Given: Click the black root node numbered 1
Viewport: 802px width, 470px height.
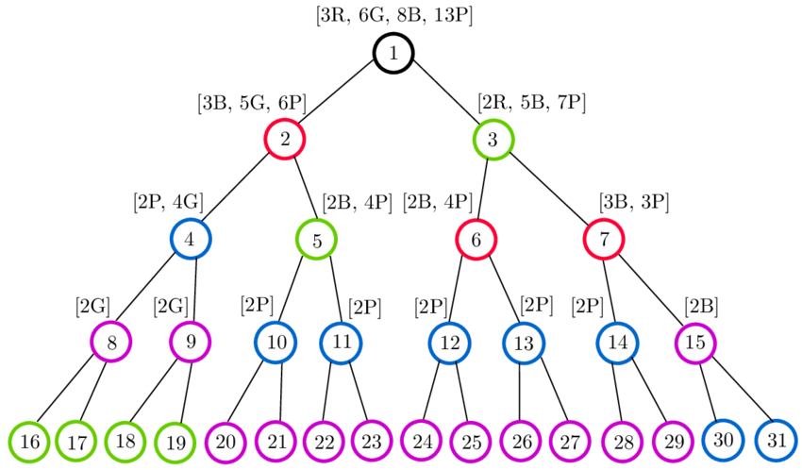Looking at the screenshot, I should coord(392,53).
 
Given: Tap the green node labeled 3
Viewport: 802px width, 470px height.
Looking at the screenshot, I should coord(493,141).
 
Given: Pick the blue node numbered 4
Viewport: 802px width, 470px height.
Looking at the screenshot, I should coord(190,239).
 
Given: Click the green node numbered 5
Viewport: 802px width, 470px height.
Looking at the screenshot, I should coord(317,240).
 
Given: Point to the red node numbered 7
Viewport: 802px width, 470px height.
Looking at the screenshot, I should coord(604,240).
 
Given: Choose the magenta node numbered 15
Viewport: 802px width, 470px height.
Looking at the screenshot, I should coord(695,343).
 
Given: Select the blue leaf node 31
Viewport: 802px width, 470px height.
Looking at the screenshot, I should coord(776,439).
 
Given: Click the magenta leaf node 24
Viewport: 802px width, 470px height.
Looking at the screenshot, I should coord(421,441).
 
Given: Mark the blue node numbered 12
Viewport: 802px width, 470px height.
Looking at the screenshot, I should coord(450,343).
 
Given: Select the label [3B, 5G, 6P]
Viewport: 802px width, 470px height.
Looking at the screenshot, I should coord(252,102).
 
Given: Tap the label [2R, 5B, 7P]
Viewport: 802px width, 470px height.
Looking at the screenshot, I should coord(532,102).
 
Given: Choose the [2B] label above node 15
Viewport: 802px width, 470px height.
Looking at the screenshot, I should coord(701,305).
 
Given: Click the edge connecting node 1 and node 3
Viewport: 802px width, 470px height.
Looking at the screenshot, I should coord(443,96).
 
